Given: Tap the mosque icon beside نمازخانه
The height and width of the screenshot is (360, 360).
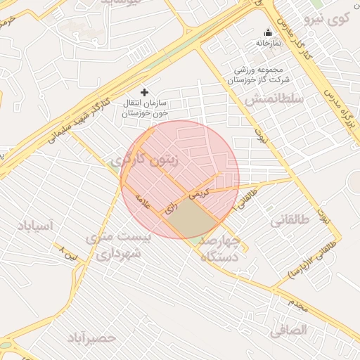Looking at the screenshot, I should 268,32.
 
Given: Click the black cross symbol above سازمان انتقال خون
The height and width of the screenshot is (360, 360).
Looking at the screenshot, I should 145,92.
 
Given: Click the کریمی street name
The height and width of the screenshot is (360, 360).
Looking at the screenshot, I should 199,195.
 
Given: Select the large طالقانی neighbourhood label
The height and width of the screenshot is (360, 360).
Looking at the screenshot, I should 290,220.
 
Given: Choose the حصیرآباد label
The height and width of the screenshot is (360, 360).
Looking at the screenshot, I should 91,339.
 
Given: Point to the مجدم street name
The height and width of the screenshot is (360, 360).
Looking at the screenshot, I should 298,304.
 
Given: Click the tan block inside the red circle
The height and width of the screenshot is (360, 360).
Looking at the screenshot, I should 191,221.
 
